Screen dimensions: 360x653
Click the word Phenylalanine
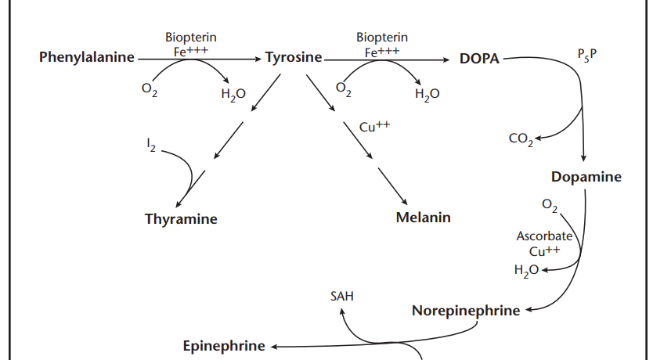pos(87,58)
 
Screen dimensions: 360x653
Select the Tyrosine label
pos(294,58)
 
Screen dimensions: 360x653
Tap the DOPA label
pos(479,59)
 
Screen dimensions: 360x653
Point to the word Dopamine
pos(586,177)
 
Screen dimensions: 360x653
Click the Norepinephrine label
pos(465,311)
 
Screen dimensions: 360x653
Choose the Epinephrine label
pos(223,346)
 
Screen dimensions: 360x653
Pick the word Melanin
pos(423,217)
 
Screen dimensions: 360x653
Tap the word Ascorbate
pos(545,236)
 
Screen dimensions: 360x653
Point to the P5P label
pos(586,56)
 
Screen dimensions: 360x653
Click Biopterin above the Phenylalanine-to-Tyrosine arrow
pos(191,37)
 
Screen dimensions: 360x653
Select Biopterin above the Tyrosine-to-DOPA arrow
pos(382,37)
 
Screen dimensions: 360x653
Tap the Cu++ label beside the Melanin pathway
pos(374,127)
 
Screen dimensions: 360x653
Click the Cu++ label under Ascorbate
pos(545,251)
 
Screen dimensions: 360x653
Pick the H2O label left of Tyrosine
pos(233,95)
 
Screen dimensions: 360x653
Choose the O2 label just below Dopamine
pos(550,206)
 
